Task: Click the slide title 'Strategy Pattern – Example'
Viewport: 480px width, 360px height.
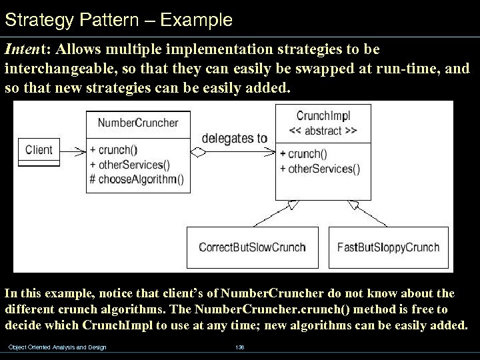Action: (x=118, y=20)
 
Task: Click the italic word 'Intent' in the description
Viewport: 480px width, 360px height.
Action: (x=24, y=51)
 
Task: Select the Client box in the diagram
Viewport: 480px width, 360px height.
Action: (x=39, y=150)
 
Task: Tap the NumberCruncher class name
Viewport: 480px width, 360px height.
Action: (x=138, y=122)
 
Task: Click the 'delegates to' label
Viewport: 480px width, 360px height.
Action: (x=234, y=139)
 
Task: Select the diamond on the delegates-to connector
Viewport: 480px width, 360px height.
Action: (x=199, y=152)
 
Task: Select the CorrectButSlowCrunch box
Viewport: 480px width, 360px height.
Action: (x=252, y=247)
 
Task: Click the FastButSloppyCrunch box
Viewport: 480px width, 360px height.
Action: (x=388, y=247)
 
